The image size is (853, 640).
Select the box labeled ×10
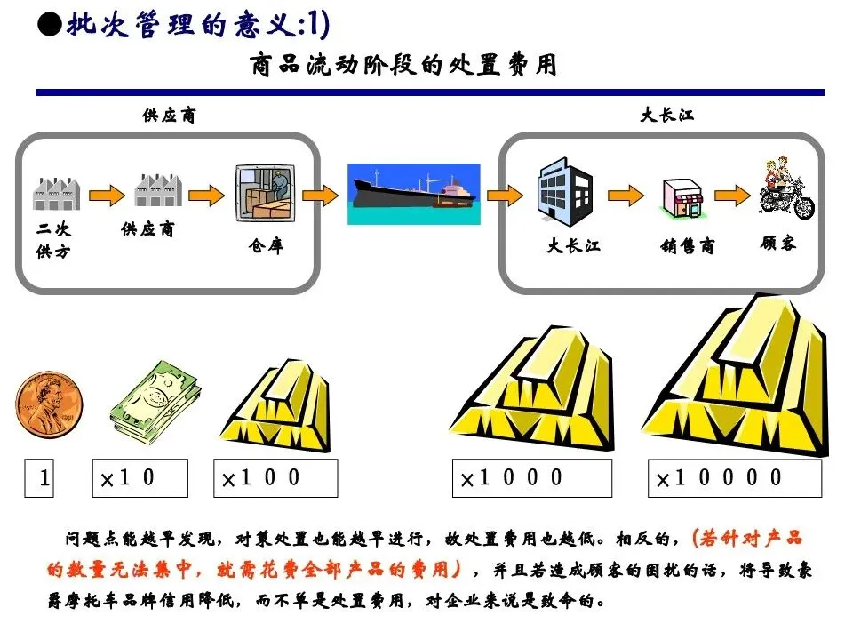[x=140, y=478]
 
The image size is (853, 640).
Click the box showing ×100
[x=275, y=478]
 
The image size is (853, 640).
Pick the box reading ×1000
[x=531, y=478]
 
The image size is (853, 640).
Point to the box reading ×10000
[x=734, y=478]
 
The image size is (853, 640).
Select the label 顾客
[x=778, y=242]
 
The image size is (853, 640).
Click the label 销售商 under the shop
[x=687, y=246]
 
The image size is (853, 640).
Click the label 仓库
[x=266, y=246]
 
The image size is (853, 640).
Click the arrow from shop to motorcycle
[x=731, y=194]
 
